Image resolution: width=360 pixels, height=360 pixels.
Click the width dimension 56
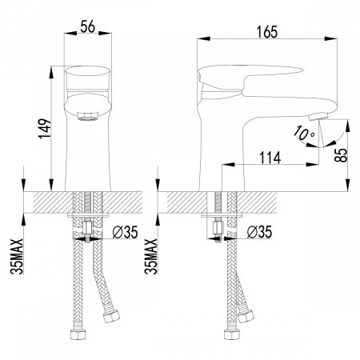pos(87,26)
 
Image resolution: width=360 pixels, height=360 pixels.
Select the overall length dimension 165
pos(267,32)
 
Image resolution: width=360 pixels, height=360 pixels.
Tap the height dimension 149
pos(45,129)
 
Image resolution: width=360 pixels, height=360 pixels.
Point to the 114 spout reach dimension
pos(270,158)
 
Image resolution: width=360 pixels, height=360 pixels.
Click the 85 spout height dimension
pos(341,155)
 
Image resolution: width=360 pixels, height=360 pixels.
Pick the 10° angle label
pos(304,133)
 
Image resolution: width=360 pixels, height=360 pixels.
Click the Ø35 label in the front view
pos(125,232)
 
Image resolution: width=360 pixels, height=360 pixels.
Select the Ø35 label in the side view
pos(259,232)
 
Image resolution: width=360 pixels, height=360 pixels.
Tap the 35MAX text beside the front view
pos(17,257)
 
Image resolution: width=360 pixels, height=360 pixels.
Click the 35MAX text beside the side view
pos(151,257)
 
